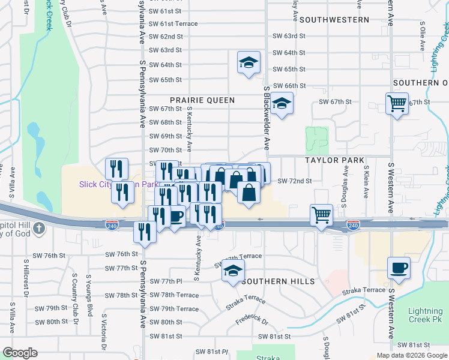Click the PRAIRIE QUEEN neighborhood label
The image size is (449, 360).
point(202,100)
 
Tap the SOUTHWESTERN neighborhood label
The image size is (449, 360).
point(334,19)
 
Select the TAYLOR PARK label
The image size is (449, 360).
point(334,160)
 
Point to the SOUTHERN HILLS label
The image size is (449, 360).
point(279,281)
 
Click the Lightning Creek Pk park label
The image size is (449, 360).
point(425,316)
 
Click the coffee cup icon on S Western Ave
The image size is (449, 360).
point(398,268)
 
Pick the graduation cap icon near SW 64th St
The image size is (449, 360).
point(249,62)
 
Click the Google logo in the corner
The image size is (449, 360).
point(19,353)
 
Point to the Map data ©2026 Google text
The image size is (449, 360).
point(411,355)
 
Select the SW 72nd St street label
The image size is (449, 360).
point(295,181)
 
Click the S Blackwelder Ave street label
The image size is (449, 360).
point(266,118)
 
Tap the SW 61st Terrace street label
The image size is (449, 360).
point(173,23)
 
